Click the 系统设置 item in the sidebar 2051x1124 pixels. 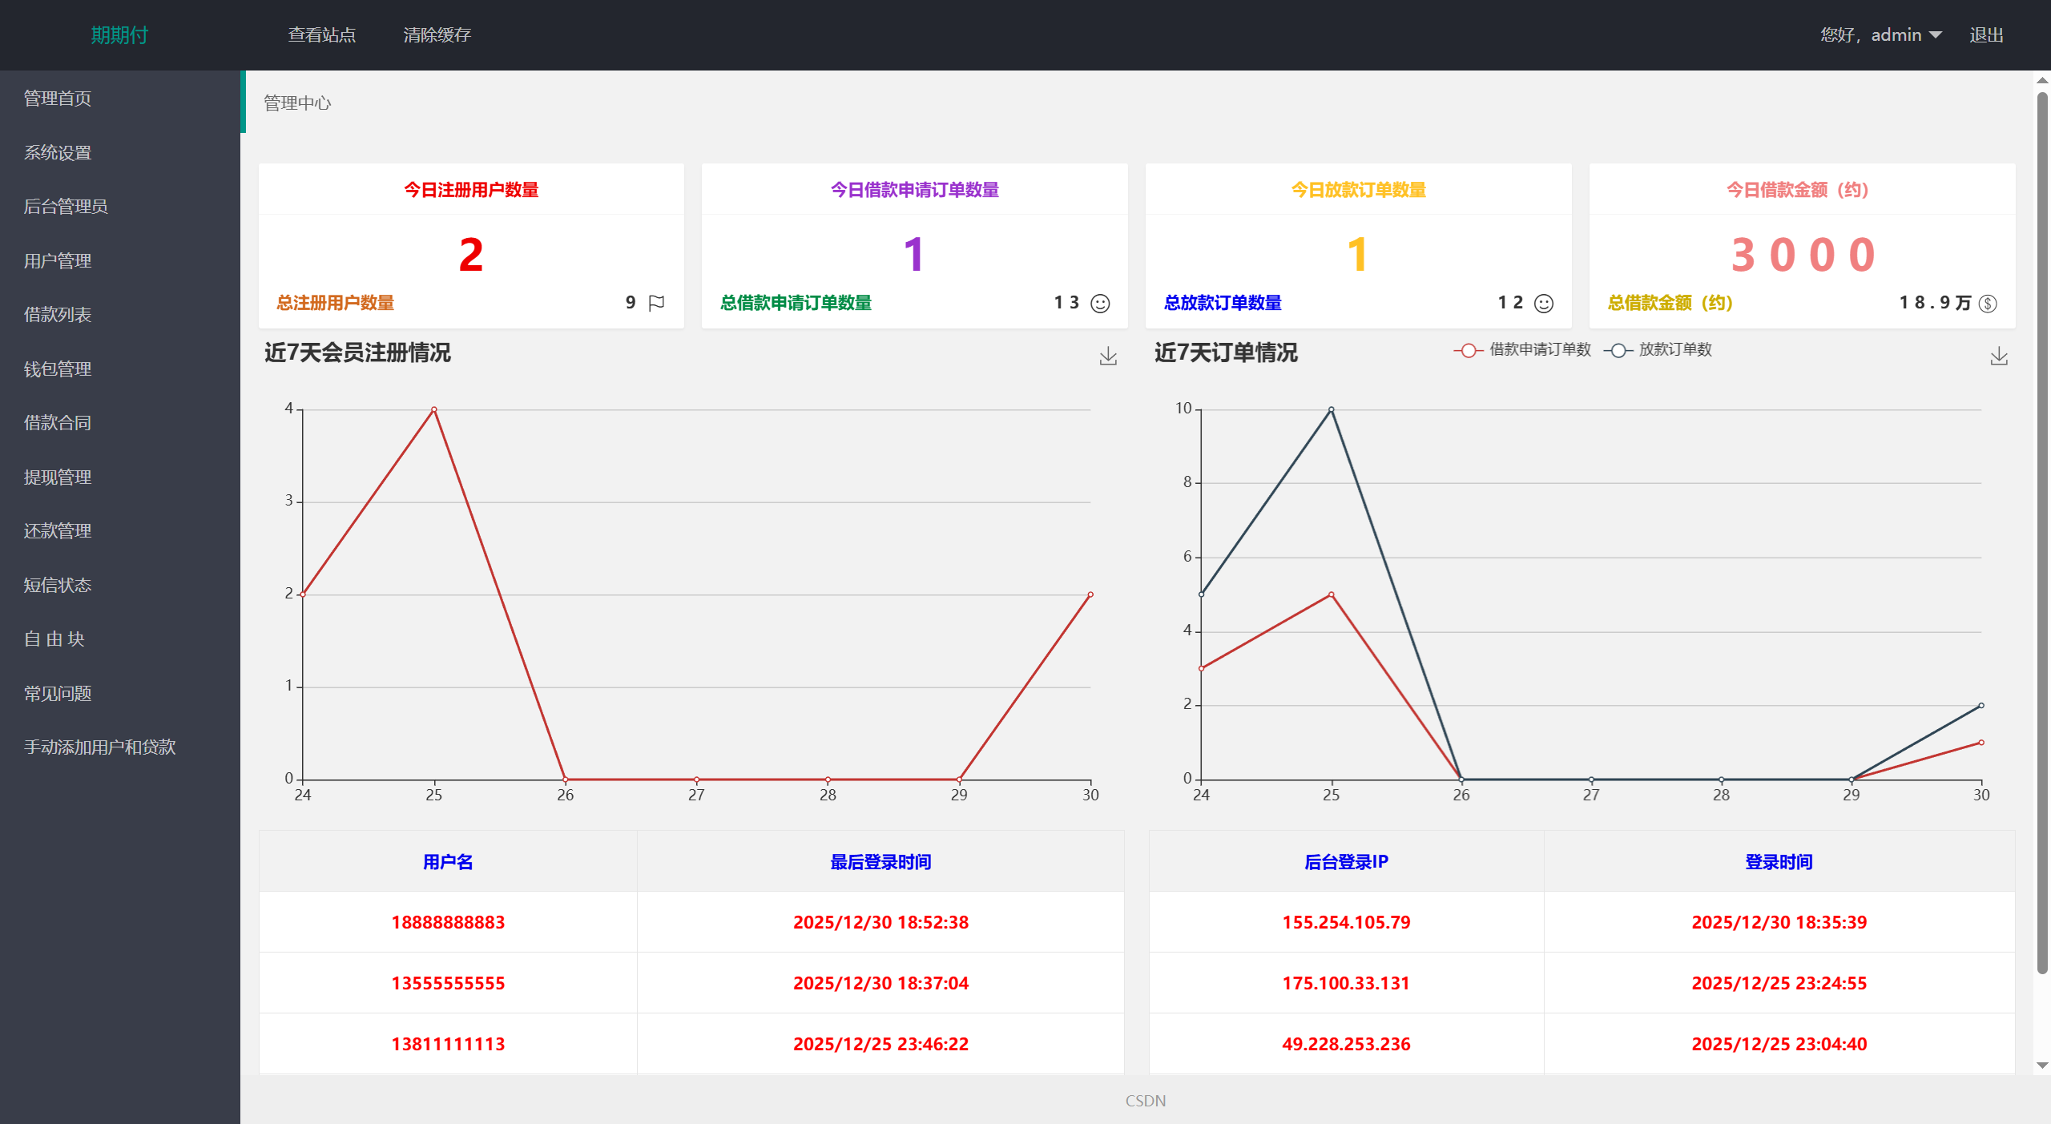coord(58,152)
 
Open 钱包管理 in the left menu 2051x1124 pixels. coord(58,369)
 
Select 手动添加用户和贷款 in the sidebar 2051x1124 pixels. coord(99,747)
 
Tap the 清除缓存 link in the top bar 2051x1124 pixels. coord(437,34)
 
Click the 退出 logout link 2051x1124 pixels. coord(1986,34)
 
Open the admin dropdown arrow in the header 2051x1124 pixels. coord(1936,34)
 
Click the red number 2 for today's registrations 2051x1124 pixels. coord(471,255)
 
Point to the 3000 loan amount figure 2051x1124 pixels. coord(1803,255)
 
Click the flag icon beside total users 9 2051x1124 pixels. coord(656,303)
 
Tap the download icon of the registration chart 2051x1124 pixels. coord(1108,356)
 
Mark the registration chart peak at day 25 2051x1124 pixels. coord(434,409)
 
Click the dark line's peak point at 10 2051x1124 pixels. coord(1332,409)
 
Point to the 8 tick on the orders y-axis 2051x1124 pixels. coord(1187,482)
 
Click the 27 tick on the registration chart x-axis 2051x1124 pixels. coord(696,795)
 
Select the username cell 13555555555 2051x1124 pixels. coord(448,983)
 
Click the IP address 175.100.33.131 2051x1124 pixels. coord(1346,983)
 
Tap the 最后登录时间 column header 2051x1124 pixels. coord(880,862)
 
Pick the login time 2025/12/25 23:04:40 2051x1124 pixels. coord(1779,1044)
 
